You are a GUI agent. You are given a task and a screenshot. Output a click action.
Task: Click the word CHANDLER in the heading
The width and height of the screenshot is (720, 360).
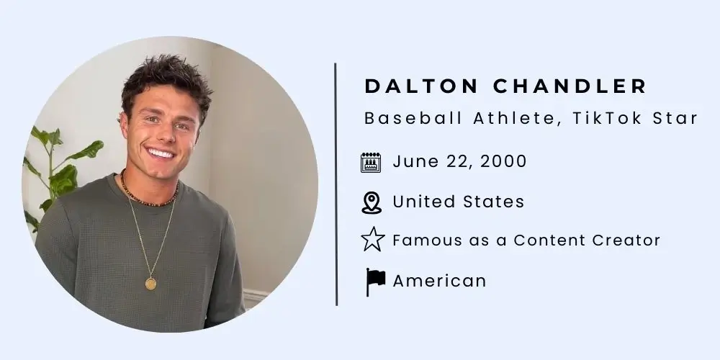pos(570,86)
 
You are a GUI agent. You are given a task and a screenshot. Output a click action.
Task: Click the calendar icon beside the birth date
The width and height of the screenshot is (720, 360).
pos(371,162)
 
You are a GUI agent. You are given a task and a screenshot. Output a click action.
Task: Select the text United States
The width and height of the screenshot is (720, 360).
pos(458,202)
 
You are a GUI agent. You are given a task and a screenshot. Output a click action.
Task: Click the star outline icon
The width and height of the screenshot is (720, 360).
pos(372,240)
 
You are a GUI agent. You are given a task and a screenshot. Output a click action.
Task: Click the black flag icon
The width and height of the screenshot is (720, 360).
pos(375,281)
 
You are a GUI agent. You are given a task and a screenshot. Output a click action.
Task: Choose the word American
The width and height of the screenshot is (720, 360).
pos(439,281)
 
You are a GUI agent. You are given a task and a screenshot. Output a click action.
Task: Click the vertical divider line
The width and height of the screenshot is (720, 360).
pos(336,184)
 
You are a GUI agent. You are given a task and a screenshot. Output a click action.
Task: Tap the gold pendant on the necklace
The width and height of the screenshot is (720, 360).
pos(150,283)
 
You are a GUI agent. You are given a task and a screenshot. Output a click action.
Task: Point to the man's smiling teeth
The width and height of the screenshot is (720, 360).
pos(161,153)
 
